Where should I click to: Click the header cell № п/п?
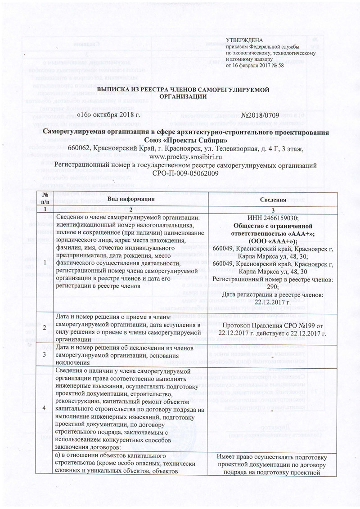(45, 199)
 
